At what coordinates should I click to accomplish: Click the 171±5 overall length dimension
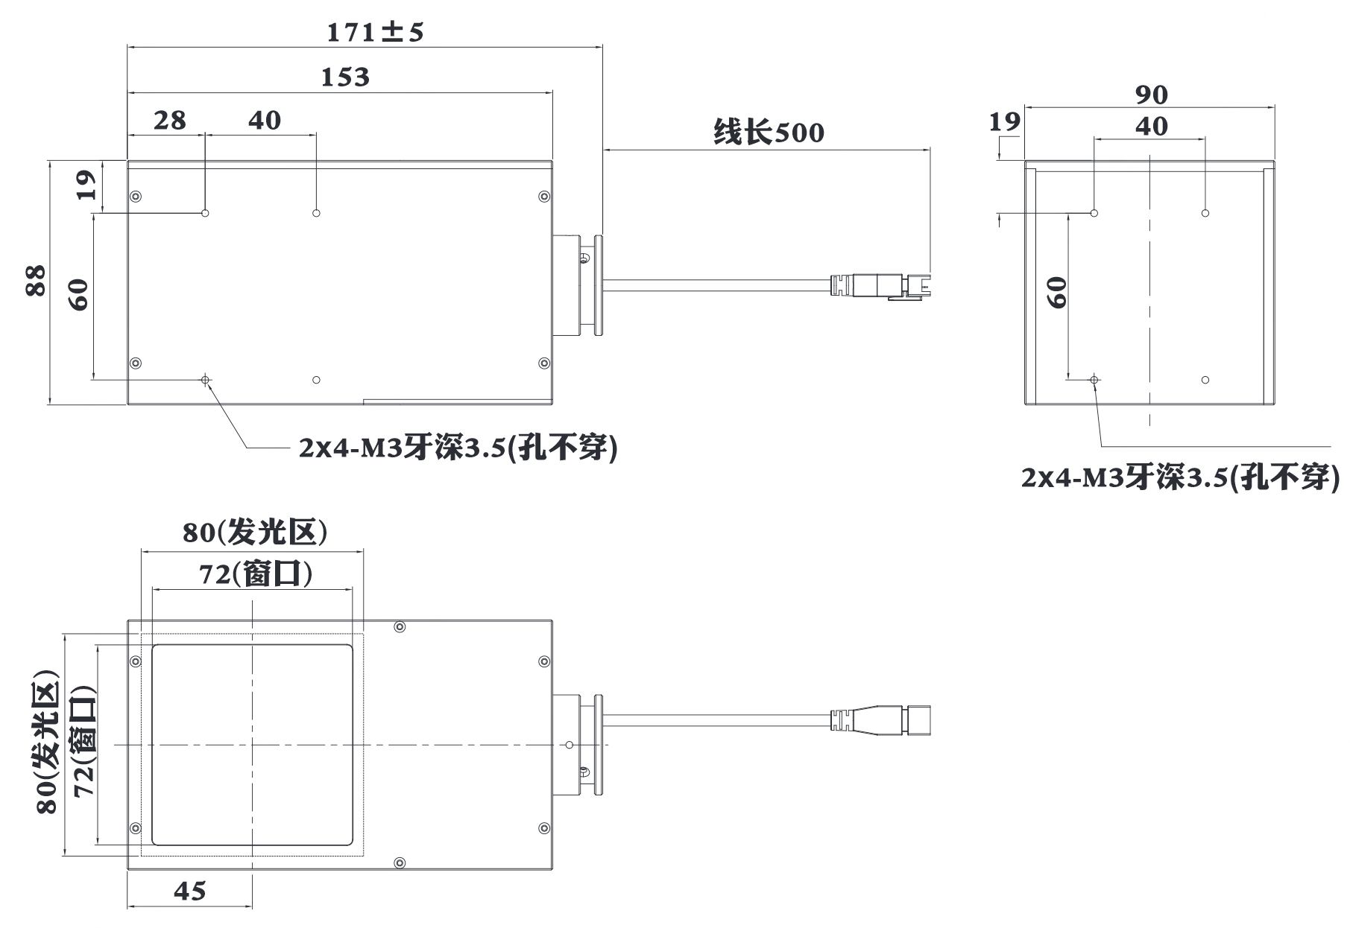point(375,32)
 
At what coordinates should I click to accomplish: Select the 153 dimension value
point(345,77)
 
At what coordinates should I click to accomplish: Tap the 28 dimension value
point(170,120)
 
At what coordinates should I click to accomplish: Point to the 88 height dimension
point(36,281)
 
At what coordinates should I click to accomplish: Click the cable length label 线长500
point(769,133)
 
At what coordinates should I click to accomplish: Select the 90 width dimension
point(1152,95)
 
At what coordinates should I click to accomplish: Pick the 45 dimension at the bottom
point(190,891)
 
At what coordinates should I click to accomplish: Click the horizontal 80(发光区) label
point(255,532)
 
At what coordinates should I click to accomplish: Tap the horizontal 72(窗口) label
point(255,573)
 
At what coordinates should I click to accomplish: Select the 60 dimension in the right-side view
point(1056,292)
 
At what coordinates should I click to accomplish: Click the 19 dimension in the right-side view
point(1004,122)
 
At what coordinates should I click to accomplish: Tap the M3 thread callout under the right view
point(1180,477)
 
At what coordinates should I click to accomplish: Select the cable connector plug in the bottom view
point(880,720)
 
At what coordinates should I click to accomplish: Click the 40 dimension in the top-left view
point(265,120)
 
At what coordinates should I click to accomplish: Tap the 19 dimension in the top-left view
point(86,185)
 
